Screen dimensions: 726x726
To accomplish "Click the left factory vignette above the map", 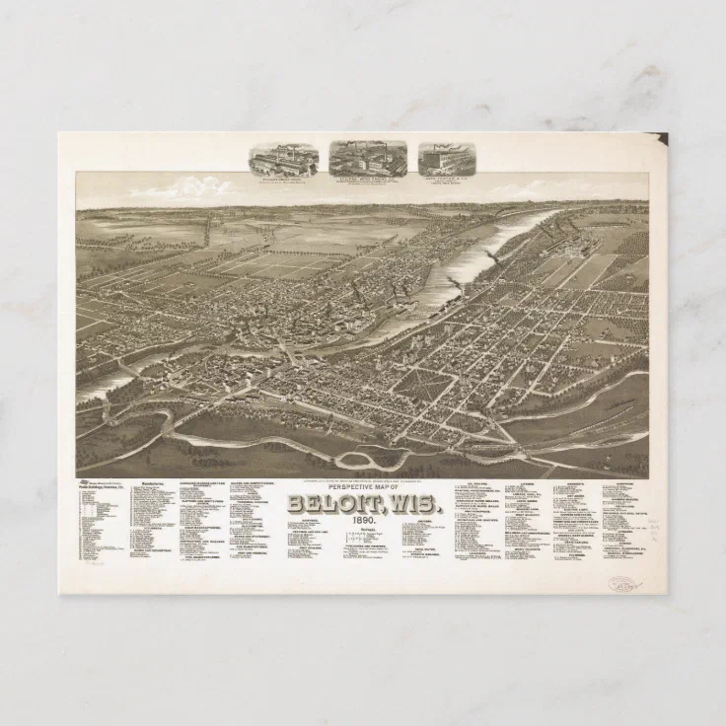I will [x=283, y=158].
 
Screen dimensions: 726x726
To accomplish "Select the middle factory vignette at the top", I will [x=368, y=156].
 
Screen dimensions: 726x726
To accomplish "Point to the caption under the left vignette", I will [x=283, y=180].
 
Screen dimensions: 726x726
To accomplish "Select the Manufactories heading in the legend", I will [x=152, y=483].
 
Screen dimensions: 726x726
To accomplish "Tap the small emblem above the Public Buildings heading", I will [x=87, y=482].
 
